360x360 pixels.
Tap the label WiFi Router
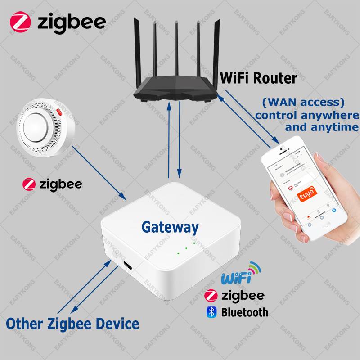258,78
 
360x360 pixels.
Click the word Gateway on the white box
170,227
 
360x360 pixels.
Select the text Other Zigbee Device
72,323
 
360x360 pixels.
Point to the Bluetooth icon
211,312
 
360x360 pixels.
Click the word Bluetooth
244,312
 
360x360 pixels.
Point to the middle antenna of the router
176,49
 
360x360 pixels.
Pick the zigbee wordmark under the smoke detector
60,184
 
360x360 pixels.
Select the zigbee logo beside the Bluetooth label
210,295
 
